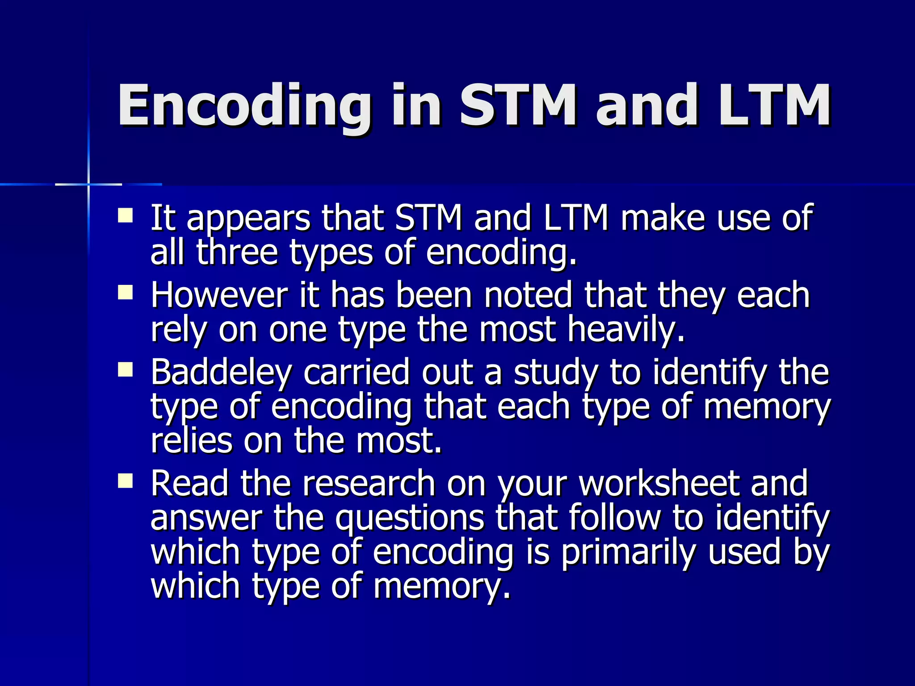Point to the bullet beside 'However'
click(x=125, y=293)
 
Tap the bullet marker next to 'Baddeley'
click(x=125, y=370)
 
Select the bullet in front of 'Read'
click(x=125, y=481)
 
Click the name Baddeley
click(x=222, y=372)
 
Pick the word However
click(x=219, y=295)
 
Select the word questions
click(x=410, y=518)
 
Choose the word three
click(x=237, y=252)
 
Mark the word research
click(x=369, y=484)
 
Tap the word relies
click(x=192, y=441)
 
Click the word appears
click(x=248, y=219)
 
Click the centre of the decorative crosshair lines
click(x=88, y=184)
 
